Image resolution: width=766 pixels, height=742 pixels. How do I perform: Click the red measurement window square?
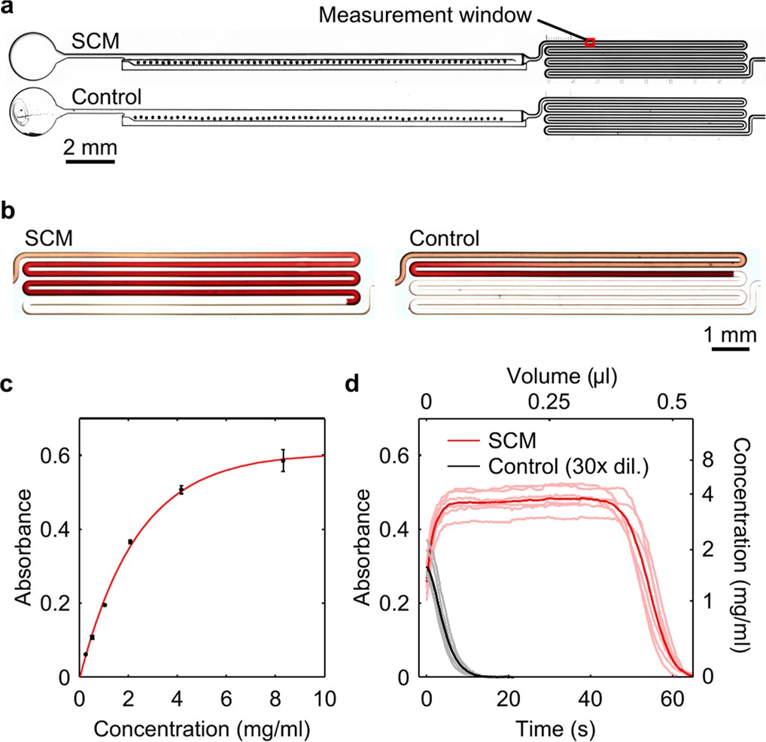pos(590,43)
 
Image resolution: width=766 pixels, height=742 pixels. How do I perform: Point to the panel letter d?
pos(351,385)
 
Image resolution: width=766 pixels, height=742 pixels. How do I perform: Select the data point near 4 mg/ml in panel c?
pos(181,490)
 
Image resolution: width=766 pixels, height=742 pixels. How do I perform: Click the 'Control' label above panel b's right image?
pos(444,241)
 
